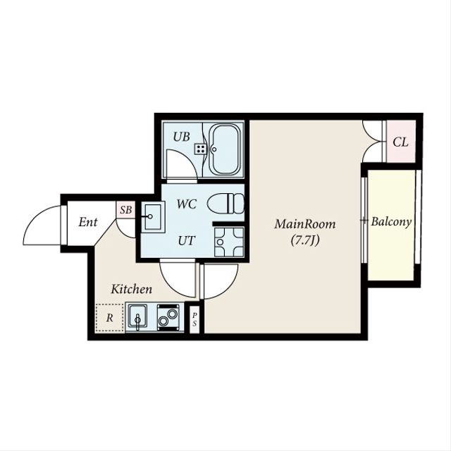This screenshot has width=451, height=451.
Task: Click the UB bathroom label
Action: [x=182, y=137]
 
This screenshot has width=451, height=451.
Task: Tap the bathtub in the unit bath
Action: [x=224, y=150]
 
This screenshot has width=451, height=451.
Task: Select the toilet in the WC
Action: [x=225, y=204]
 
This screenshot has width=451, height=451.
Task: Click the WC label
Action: [x=187, y=204]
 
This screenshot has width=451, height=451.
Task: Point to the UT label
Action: [x=187, y=240]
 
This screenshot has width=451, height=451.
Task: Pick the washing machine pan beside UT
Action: [x=229, y=242]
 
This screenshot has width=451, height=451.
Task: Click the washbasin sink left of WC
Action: [x=153, y=217]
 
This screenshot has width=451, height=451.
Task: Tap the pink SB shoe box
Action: [x=125, y=209]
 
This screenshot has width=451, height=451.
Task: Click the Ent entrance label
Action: [x=88, y=222]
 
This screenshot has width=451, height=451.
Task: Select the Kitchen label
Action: [x=132, y=289]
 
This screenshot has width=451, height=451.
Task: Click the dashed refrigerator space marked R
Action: [x=109, y=318]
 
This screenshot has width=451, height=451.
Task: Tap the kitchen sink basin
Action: [x=137, y=316]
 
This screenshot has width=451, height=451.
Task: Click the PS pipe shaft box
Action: [x=194, y=319]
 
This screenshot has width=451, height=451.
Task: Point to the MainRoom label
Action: [x=305, y=224]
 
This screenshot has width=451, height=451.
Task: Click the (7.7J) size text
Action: [x=305, y=240]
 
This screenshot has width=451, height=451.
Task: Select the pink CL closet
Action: [x=401, y=141]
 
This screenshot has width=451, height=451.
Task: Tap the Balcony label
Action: [x=391, y=221]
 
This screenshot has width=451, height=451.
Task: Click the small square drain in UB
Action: [x=200, y=149]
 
